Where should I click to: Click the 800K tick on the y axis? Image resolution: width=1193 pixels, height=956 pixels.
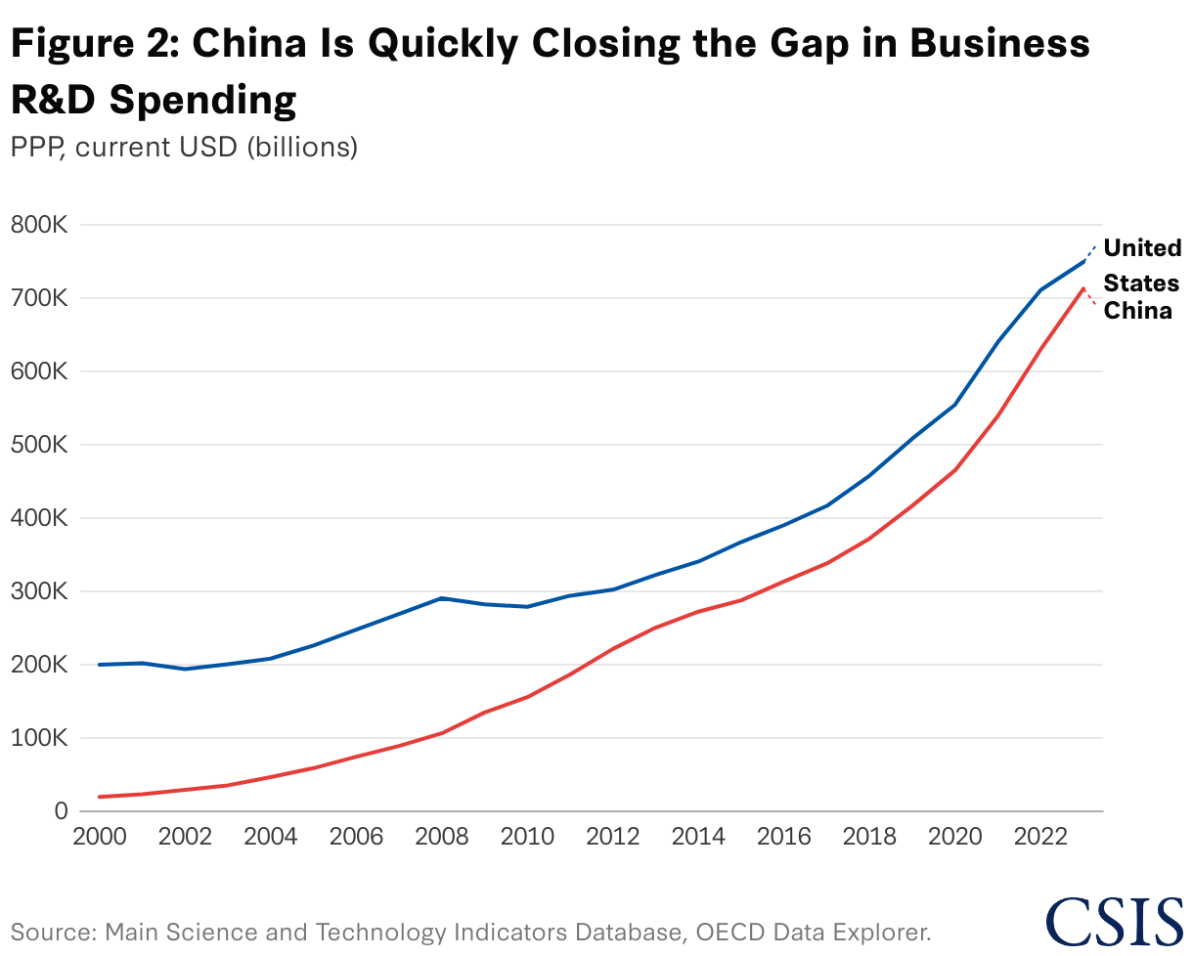point(37,225)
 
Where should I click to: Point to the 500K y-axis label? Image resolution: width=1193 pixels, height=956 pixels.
point(37,445)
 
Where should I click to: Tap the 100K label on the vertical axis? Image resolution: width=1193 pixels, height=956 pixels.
point(37,738)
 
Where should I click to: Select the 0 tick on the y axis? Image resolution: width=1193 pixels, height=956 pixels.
point(60,811)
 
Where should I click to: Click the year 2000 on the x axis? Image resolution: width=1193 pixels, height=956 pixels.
point(99,839)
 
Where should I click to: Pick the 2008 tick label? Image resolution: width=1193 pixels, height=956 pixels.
point(442,839)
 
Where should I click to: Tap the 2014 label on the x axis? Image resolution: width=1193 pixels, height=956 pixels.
point(698,839)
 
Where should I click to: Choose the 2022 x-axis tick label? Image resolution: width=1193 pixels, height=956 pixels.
point(1040,839)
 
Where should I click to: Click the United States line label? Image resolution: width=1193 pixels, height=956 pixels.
point(1142,265)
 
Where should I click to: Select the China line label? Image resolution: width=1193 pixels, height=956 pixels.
point(1137,312)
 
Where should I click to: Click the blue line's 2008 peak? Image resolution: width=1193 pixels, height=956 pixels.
point(442,597)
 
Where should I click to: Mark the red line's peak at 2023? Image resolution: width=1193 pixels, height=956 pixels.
point(1083,288)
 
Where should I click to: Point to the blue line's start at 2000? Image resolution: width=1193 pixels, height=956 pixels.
point(99,665)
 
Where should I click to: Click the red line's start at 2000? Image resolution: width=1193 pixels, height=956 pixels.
point(99,797)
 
